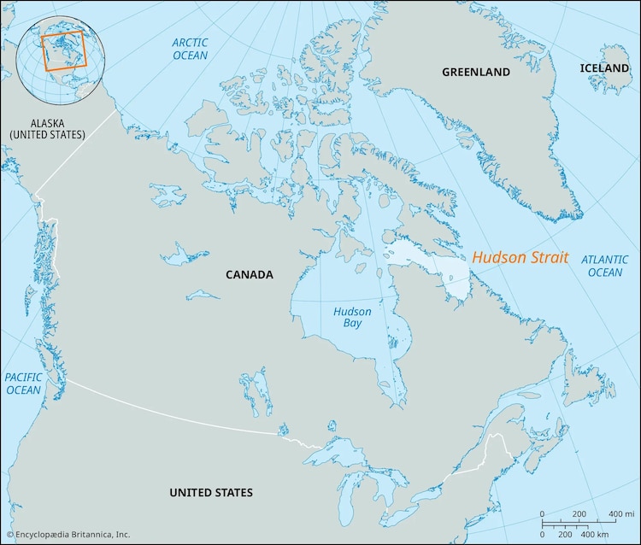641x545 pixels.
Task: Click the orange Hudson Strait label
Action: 520,257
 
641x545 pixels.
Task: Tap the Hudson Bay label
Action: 352,318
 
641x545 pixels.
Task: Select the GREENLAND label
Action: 476,72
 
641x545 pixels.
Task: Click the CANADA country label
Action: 249,274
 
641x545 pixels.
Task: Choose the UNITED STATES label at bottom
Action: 210,492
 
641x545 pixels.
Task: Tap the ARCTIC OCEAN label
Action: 190,49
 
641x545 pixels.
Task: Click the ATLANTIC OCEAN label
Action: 604,266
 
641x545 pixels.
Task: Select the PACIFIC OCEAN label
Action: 23,384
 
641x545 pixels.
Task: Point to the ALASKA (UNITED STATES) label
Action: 47,128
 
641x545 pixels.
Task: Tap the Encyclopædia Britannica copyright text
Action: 68,535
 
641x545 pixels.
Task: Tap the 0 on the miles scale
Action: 543,513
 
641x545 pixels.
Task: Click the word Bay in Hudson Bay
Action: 352,325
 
